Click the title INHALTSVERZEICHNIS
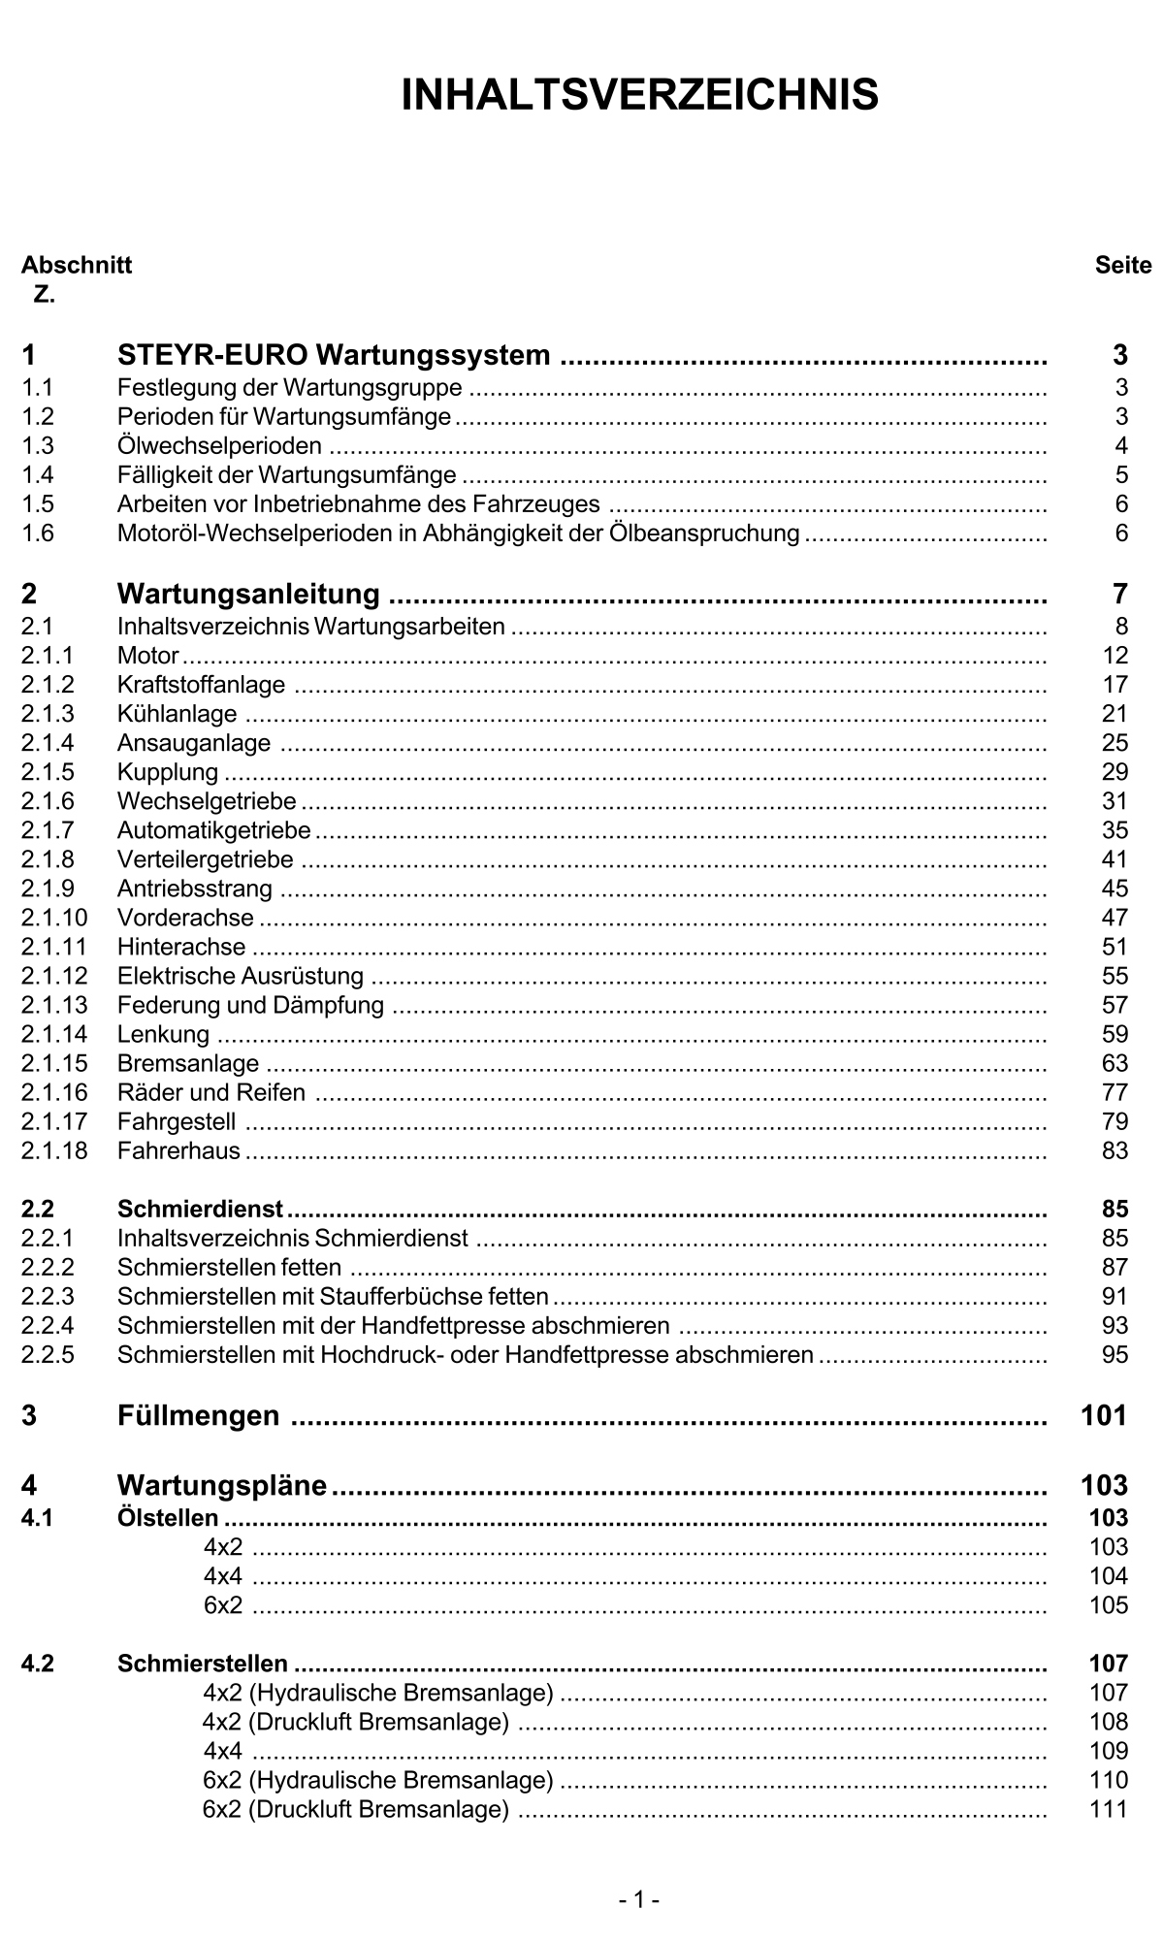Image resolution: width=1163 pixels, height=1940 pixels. pos(639,95)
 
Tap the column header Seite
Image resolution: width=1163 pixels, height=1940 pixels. pos(1122,265)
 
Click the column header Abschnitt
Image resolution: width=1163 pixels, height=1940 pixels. pos(77,265)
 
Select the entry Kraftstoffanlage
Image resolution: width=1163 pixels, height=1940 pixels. pos(201,685)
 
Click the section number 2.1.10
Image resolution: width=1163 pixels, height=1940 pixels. pos(54,918)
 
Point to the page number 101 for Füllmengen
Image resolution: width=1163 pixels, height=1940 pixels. pos(1104,1415)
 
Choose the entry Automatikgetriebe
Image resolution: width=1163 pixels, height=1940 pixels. pos(213,830)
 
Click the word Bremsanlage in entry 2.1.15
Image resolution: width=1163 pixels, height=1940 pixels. pos(188,1063)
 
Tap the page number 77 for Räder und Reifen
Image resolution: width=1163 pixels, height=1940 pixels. pos(1115,1092)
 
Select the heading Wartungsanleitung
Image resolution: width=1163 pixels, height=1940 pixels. pos(248,593)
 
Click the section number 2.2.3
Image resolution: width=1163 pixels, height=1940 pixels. pos(48,1296)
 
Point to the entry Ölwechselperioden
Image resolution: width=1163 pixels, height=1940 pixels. pos(219,446)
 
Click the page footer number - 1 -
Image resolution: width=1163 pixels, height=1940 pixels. pos(639,1899)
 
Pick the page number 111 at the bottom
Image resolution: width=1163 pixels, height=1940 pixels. pos(1108,1809)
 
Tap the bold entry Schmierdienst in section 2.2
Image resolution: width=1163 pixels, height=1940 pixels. pos(200,1209)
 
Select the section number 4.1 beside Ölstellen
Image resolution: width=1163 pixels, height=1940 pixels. pos(38,1518)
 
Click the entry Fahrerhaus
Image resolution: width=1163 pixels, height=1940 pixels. pos(178,1150)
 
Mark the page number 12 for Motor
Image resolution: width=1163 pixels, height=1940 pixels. pos(1115,656)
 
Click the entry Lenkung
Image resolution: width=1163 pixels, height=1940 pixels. pos(163,1034)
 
